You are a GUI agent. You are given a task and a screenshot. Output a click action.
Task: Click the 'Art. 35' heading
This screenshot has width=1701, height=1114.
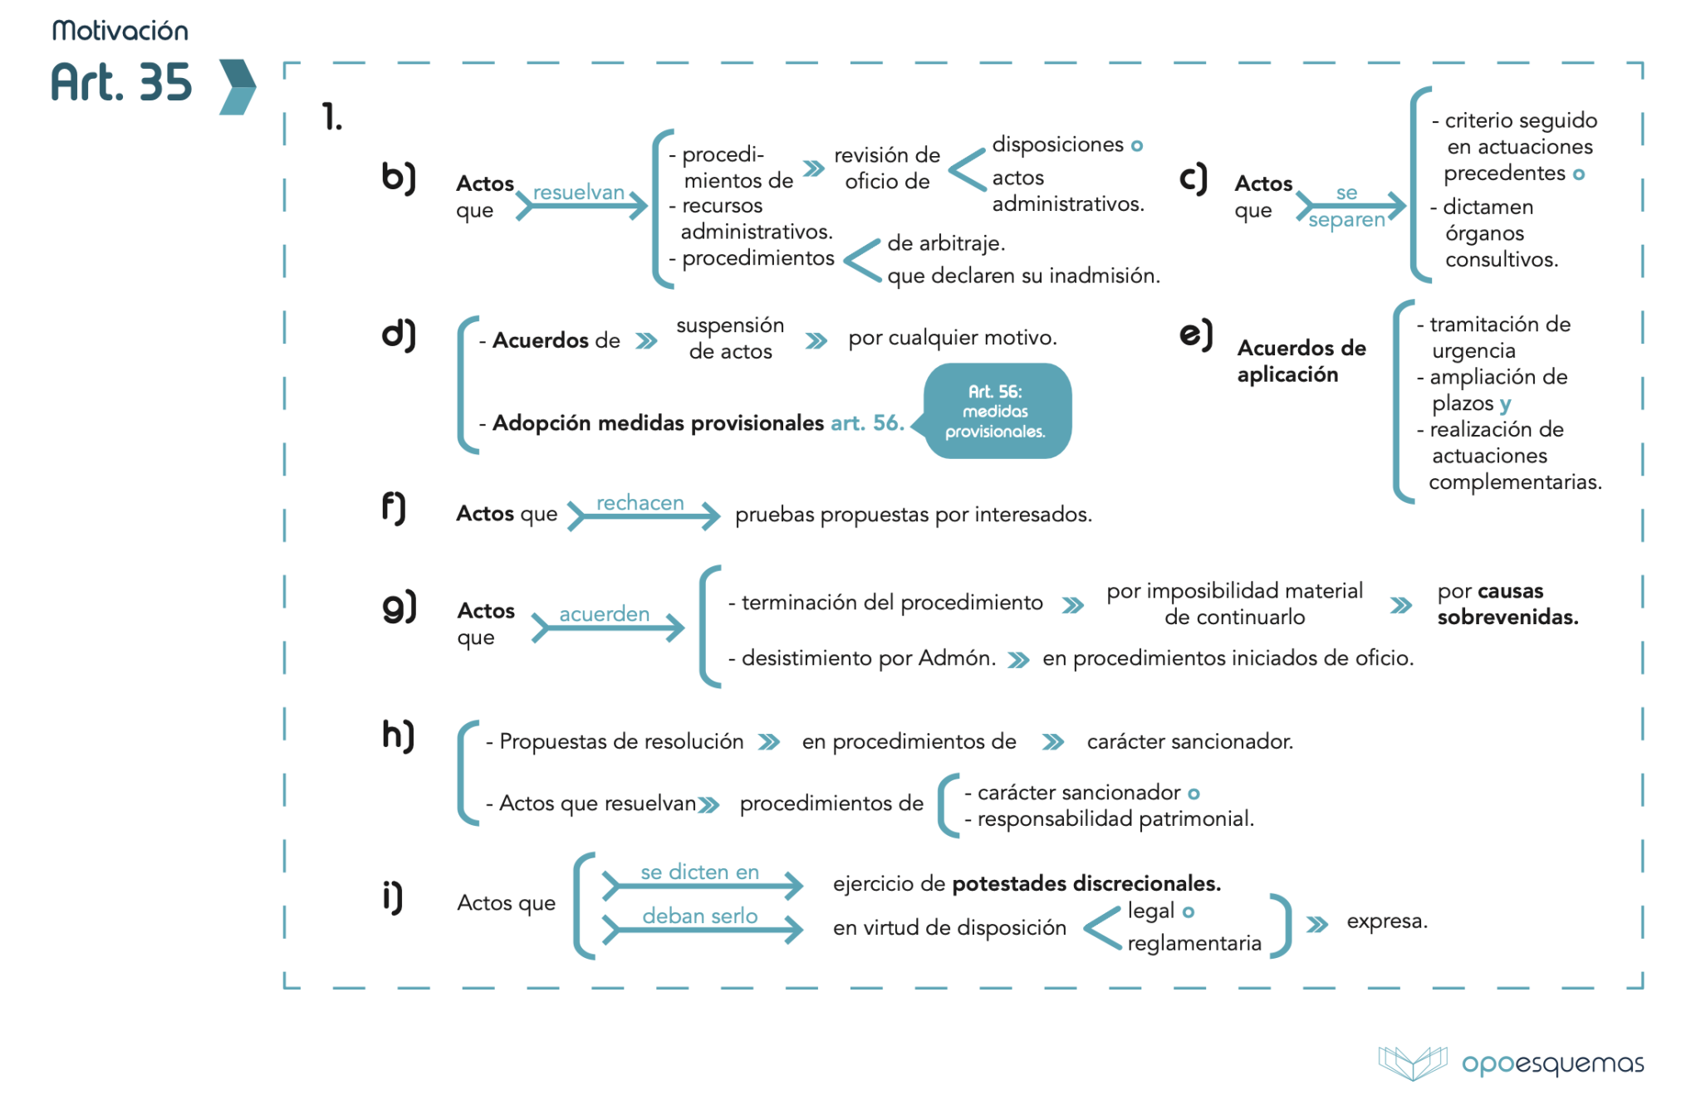(x=121, y=83)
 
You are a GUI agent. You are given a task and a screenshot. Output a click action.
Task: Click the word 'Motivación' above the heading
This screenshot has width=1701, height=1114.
(x=120, y=31)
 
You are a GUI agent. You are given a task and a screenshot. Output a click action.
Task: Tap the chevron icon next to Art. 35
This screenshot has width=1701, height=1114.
(x=237, y=86)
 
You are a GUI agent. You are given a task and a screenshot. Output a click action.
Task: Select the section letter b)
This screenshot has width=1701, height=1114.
(x=398, y=178)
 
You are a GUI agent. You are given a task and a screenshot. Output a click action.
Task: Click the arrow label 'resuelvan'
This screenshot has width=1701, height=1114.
(x=579, y=193)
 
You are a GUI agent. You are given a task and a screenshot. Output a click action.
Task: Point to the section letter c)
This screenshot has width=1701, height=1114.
(x=1193, y=178)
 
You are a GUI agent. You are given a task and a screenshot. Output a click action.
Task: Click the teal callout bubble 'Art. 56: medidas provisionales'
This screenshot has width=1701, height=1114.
(x=996, y=411)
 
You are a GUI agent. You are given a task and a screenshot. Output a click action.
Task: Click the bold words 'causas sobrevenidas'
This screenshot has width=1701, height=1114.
(x=1507, y=604)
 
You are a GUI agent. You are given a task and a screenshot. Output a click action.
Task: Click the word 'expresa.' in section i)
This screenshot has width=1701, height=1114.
(x=1387, y=921)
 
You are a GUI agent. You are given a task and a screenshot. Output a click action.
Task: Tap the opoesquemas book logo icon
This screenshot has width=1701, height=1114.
(x=1412, y=1063)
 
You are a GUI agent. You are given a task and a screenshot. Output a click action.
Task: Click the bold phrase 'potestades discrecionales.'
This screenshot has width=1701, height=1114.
(x=1086, y=884)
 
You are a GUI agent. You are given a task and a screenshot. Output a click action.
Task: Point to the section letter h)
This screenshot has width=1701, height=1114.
(x=398, y=735)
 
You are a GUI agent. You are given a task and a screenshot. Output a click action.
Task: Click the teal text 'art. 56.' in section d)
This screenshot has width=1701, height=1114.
(x=867, y=423)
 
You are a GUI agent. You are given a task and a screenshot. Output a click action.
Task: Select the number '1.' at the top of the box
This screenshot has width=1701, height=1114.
(x=332, y=117)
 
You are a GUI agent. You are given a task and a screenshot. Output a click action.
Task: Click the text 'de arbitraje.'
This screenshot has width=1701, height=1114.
(x=946, y=243)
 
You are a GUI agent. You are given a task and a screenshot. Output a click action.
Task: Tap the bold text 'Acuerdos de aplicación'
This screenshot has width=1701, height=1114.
(x=1301, y=361)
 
